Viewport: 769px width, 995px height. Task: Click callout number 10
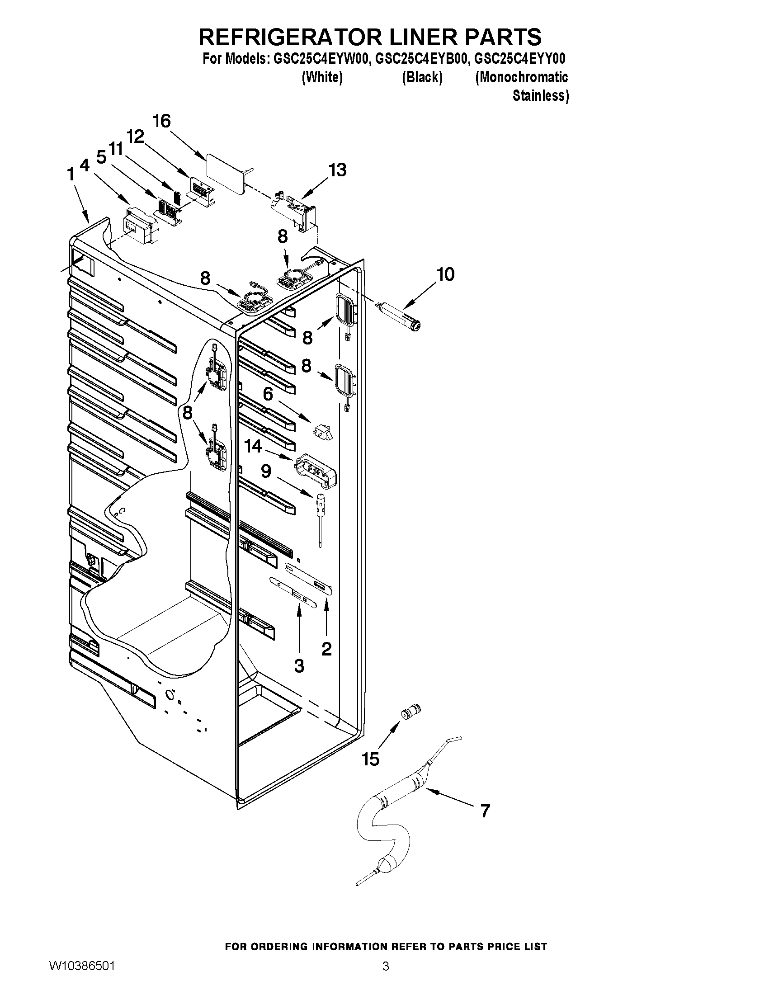point(445,274)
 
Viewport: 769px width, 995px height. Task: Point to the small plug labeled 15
point(410,712)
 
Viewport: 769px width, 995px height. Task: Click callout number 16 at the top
point(162,121)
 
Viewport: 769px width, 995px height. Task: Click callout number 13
point(338,170)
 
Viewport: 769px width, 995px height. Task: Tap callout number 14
point(253,446)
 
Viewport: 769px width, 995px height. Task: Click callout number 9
point(266,471)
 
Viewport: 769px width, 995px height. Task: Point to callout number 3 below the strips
point(299,666)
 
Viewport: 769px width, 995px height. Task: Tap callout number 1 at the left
point(71,174)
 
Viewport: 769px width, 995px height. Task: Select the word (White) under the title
point(322,77)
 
